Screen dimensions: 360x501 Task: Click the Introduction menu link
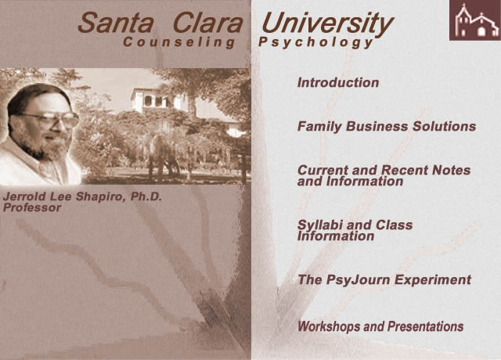(337, 82)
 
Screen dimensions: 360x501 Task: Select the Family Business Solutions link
(386, 126)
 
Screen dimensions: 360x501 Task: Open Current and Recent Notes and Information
(384, 175)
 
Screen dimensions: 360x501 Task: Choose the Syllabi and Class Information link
(355, 230)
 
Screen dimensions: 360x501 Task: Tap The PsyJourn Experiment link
(384, 279)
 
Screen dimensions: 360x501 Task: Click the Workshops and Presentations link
(380, 326)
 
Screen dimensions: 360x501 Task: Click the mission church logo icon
(474, 21)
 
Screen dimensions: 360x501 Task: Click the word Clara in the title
(209, 23)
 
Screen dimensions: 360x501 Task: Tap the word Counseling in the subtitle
(179, 43)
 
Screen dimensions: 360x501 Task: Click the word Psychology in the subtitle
(315, 43)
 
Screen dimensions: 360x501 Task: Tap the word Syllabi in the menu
(321, 225)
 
